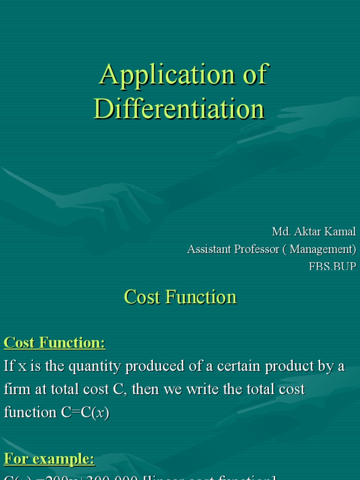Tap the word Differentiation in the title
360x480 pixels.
tap(180, 109)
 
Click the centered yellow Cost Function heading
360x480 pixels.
tap(180, 297)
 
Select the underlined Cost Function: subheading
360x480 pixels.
tap(54, 343)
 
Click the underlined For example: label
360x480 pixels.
tap(49, 459)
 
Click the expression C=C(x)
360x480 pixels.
tap(85, 412)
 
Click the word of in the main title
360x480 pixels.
tap(254, 75)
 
